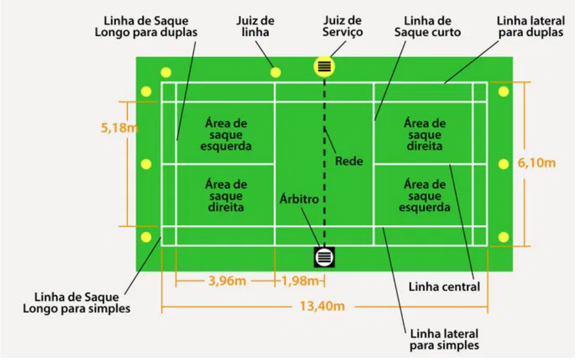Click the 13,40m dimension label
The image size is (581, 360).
tap(322, 306)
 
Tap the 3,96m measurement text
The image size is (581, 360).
tap(227, 281)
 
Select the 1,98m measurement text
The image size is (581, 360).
tap(300, 281)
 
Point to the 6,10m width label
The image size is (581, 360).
tap(536, 162)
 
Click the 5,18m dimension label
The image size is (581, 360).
tap(120, 128)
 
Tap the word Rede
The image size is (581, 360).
tap(349, 161)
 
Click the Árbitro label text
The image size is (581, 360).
tap(299, 199)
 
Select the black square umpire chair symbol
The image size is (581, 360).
tap(324, 257)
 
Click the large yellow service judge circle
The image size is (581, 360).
tap(324, 67)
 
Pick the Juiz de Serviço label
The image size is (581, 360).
tap(343, 26)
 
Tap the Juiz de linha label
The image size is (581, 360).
tap(256, 26)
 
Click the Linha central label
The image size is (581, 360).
tap(444, 286)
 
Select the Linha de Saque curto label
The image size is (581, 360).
tap(427, 26)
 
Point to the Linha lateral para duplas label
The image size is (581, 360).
tap(530, 26)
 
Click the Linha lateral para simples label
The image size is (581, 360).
tap(444, 339)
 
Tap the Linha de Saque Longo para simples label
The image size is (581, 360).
tap(77, 303)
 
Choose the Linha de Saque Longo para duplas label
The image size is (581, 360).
tap(146, 26)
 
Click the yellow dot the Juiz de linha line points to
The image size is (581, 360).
tap(275, 72)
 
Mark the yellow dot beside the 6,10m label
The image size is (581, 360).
tap(503, 163)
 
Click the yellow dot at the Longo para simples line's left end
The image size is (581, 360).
tap(146, 237)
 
